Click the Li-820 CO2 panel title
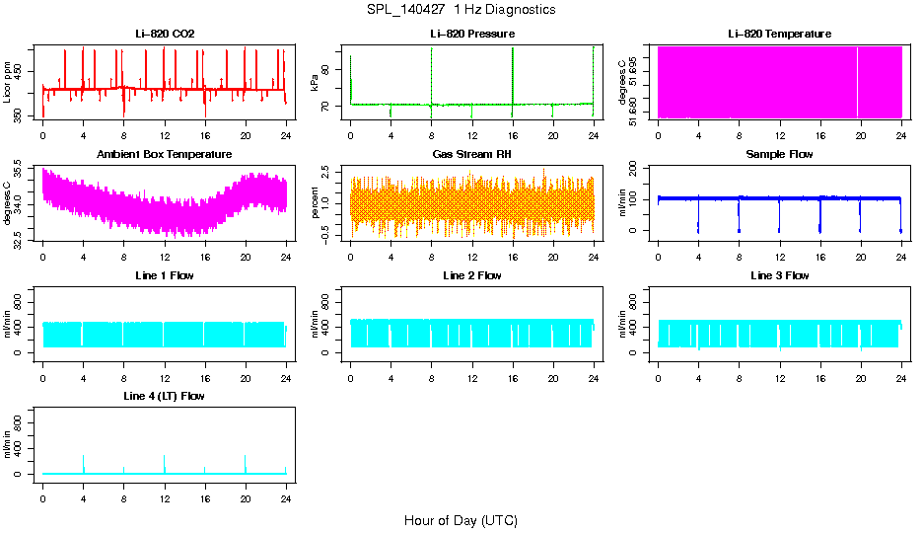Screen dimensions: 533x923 click(x=164, y=34)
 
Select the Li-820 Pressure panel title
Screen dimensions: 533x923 click(x=472, y=34)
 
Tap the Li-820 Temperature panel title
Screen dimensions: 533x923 click(x=779, y=34)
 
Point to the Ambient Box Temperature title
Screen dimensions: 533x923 click(x=164, y=155)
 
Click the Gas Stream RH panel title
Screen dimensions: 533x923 click(x=472, y=155)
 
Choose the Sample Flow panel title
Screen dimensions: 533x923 click(x=779, y=155)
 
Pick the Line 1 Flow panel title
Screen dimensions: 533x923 click(x=164, y=276)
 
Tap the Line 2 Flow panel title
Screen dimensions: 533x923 click(x=472, y=276)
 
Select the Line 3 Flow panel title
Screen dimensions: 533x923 click(x=779, y=276)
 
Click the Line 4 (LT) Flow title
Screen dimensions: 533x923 click(x=164, y=397)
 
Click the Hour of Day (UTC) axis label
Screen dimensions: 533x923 click(x=461, y=520)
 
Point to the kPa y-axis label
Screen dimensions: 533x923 click(x=315, y=82)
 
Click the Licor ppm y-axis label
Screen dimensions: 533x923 click(x=7, y=82)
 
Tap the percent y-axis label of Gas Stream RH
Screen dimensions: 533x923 click(x=315, y=203)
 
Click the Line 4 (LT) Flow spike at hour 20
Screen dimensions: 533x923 click(x=245, y=462)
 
